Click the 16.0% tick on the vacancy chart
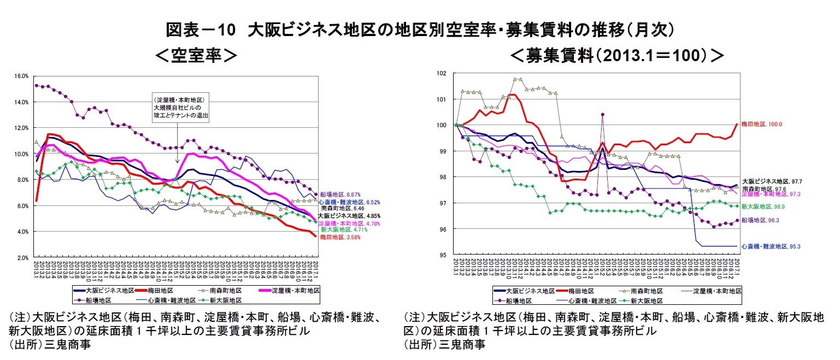(21, 76)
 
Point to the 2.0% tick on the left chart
(22, 257)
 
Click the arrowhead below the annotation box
(177, 162)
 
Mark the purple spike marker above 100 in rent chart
(602, 115)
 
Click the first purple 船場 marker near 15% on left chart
(36, 86)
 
